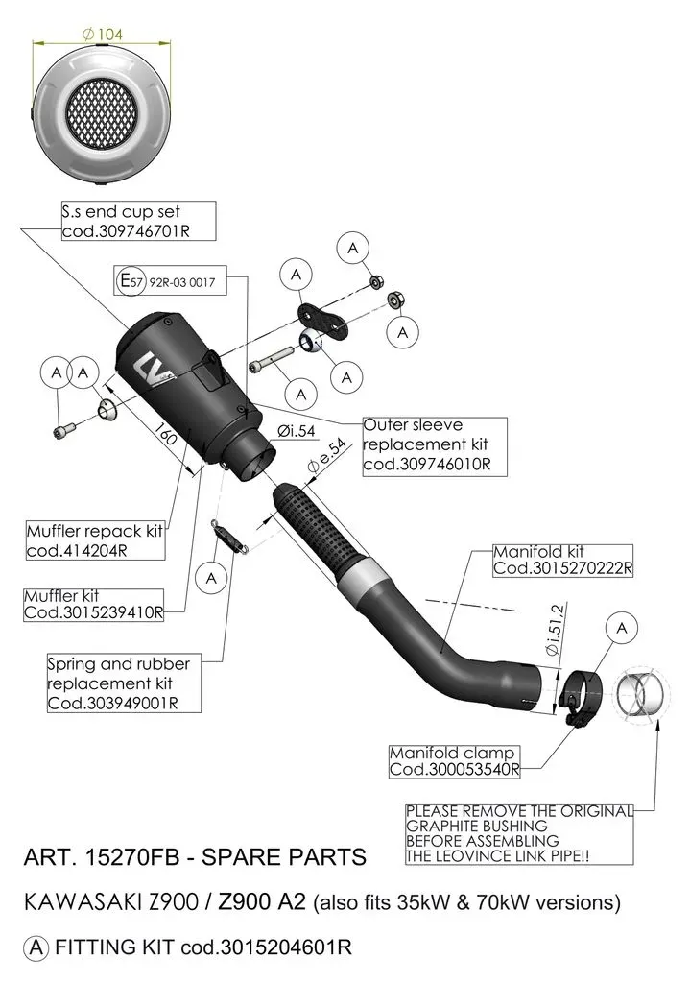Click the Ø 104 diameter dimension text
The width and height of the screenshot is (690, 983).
click(x=103, y=35)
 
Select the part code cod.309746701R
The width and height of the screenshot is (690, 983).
click(x=126, y=231)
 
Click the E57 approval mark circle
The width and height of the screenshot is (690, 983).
click(x=131, y=281)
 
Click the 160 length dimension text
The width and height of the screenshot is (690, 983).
click(x=165, y=435)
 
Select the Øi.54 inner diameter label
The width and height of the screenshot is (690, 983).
click(x=297, y=431)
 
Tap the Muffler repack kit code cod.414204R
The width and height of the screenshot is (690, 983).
click(x=77, y=551)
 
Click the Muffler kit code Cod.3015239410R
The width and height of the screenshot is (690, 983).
click(x=93, y=612)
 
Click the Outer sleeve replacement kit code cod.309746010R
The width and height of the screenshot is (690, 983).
click(x=427, y=465)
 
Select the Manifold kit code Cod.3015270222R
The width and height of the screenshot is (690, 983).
click(x=562, y=568)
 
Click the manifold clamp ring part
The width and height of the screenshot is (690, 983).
click(x=580, y=695)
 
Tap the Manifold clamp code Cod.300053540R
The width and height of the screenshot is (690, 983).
click(x=454, y=769)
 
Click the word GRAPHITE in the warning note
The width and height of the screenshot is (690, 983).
click(x=443, y=827)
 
